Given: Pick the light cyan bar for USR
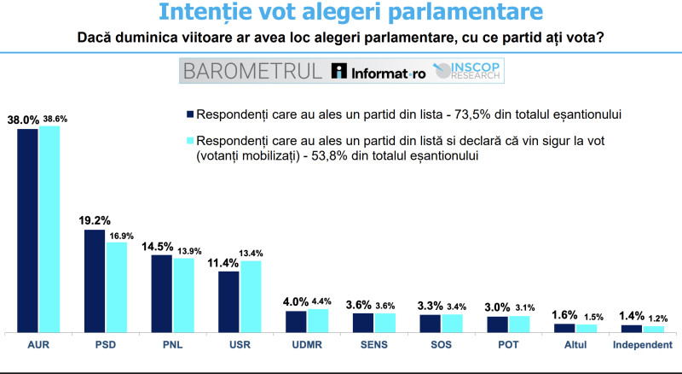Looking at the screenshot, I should tap(251, 295).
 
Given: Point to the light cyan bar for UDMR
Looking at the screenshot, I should tap(317, 319).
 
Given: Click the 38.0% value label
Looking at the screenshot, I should tap(22, 120).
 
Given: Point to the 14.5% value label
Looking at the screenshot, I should tap(161, 246).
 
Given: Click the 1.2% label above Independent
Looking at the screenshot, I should tap(653, 318).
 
